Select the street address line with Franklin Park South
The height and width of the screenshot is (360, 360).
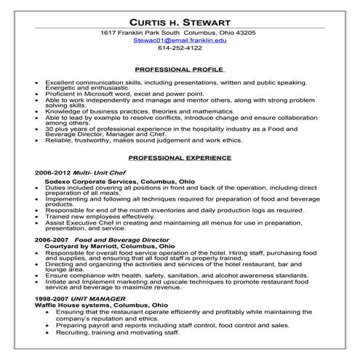click(x=180, y=33)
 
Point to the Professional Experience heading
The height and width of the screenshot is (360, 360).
click(x=180, y=156)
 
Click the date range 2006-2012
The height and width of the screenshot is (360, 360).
click(x=52, y=172)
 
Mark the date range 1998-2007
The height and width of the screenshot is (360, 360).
click(x=52, y=299)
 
